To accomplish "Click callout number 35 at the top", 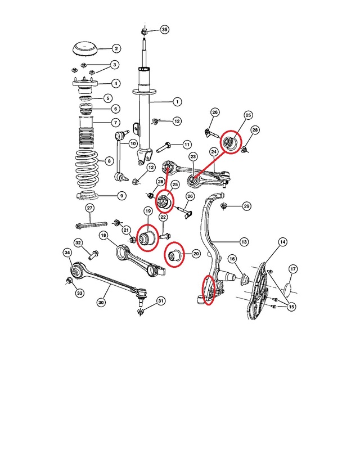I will coord(164,29).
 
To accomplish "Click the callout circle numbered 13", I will coord(244,242).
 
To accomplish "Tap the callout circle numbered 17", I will coord(292,269).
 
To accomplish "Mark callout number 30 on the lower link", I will coord(101,303).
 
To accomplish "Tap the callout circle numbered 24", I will coord(214,151).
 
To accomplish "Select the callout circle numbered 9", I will coord(121,196).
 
